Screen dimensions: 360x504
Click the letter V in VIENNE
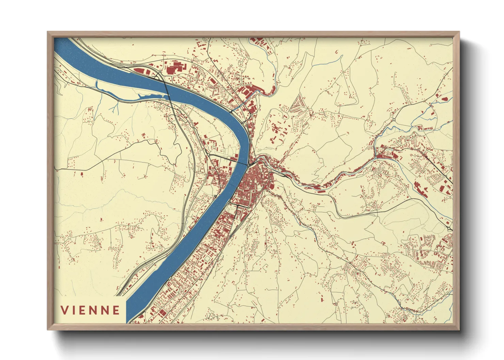[65, 310]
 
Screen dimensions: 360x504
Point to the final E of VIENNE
[116, 310]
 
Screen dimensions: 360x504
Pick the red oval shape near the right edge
[445, 99]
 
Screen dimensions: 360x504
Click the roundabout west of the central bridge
[208, 154]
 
